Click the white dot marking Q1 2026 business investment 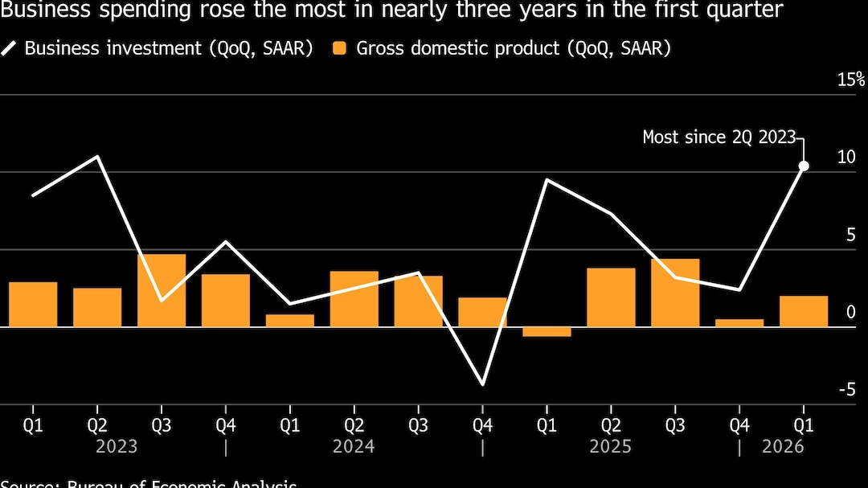(x=804, y=166)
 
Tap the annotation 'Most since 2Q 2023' (x=719, y=137)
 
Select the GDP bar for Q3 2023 (x=162, y=290)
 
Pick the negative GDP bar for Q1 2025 (x=547, y=331)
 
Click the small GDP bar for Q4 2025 (x=739, y=322)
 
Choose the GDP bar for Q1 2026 (x=804, y=311)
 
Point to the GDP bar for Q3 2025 (x=675, y=293)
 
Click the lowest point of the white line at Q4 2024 (x=483, y=384)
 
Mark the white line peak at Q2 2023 (x=97, y=156)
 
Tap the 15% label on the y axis (x=851, y=80)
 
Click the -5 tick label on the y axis (x=846, y=390)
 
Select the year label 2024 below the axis (x=354, y=446)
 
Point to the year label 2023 (x=117, y=446)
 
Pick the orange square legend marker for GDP (x=340, y=48)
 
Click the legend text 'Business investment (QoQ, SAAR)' (x=169, y=48)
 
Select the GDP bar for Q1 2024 (x=290, y=320)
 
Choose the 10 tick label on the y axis (x=846, y=157)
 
